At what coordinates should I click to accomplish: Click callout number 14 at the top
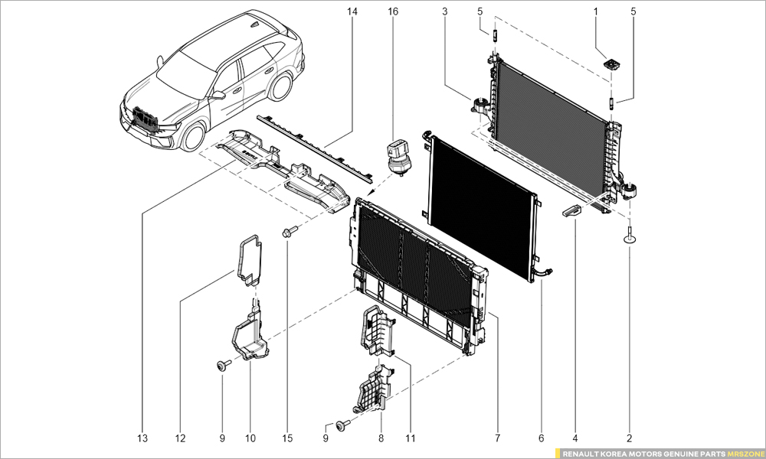click(x=352, y=12)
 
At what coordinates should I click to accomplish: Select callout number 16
click(x=393, y=12)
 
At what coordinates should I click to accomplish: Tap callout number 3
click(x=445, y=12)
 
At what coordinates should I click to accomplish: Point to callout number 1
click(x=596, y=12)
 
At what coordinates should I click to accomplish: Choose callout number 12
click(x=180, y=438)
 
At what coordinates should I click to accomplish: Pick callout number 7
click(x=497, y=438)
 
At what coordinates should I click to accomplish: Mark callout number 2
click(x=630, y=438)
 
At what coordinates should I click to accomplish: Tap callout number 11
click(x=411, y=438)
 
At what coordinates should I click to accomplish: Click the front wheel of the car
click(x=192, y=136)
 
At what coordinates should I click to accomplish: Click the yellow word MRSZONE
click(x=745, y=453)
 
